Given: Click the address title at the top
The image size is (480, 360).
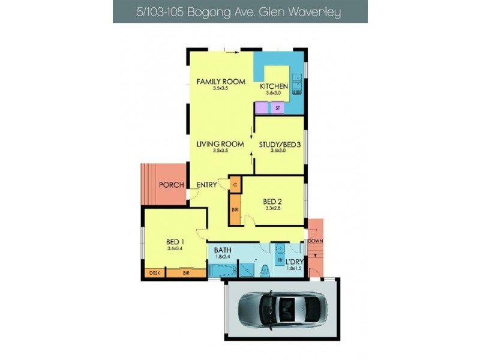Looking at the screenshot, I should coord(240,11).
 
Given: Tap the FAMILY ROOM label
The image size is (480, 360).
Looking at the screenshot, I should coord(221,82).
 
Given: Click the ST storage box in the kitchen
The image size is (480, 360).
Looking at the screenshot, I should coord(277,108).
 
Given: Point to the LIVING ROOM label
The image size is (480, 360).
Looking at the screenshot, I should coord(220,144).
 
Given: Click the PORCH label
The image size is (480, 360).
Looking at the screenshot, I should coord(171,185).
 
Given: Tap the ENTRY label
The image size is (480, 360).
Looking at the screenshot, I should coord(207,185).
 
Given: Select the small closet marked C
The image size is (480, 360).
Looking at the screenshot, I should coord(235,185).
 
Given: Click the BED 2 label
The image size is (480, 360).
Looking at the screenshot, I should coord(272,201).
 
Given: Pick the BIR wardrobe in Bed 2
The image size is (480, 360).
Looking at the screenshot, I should coord(235,211).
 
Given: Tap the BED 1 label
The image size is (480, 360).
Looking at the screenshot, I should coord(175,242).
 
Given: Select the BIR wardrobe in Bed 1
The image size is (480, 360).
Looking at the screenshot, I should coord(186,273).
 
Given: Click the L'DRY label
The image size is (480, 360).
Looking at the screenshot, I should coord(293,262).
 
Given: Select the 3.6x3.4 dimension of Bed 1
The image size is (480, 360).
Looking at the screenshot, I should coord(175,250).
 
